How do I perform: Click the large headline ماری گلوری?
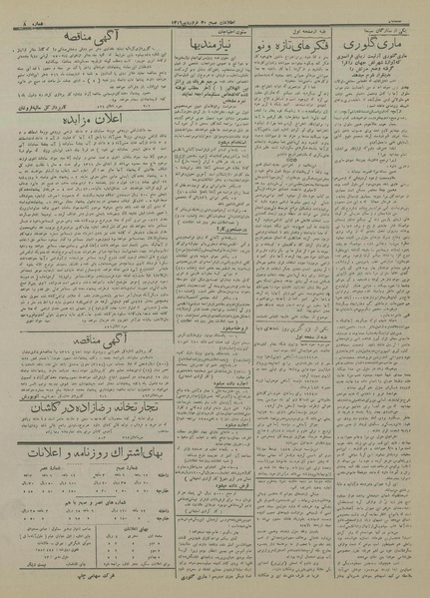376,47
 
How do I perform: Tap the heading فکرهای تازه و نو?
295,46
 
